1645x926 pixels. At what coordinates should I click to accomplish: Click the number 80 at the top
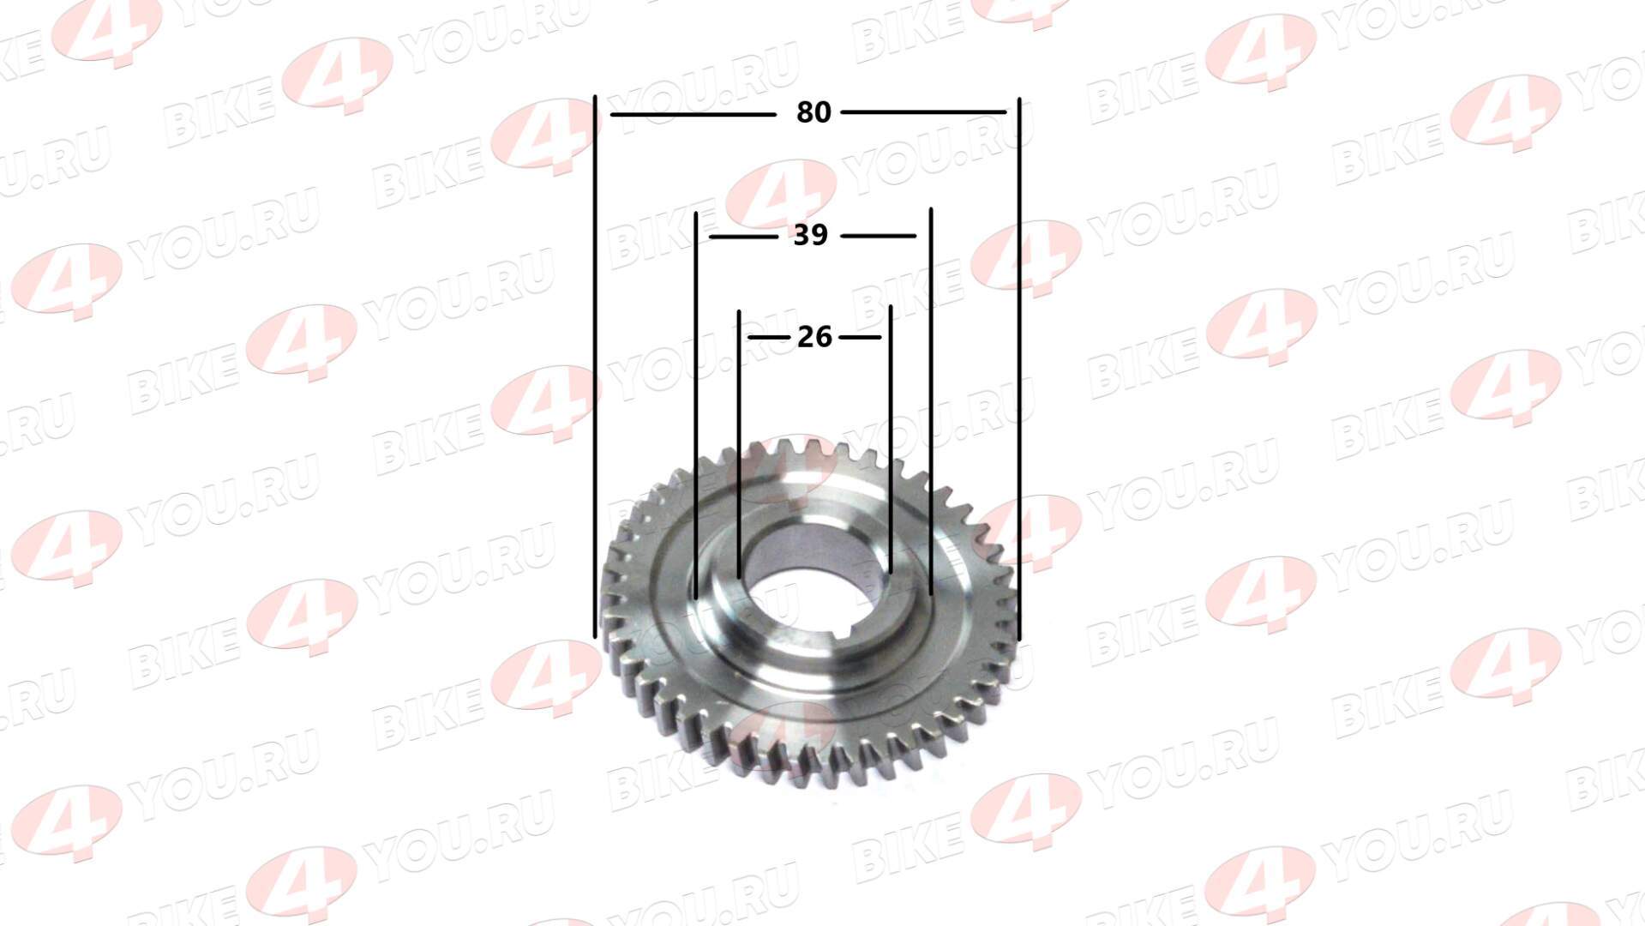(x=813, y=112)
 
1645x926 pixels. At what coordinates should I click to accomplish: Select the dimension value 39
(x=810, y=235)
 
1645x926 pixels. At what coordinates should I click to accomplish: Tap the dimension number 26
(x=814, y=337)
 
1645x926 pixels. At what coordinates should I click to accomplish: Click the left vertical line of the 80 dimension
(x=595, y=367)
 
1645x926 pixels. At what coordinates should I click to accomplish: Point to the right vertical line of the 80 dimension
(x=1019, y=370)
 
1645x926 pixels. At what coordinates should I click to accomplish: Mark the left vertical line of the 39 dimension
(x=696, y=405)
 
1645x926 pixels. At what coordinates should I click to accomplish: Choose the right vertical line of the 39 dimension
(x=931, y=400)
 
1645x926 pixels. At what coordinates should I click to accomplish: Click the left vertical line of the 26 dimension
(x=739, y=444)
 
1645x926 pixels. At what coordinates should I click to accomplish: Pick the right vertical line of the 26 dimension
(x=891, y=439)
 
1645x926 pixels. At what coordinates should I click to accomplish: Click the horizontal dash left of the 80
(x=693, y=114)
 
